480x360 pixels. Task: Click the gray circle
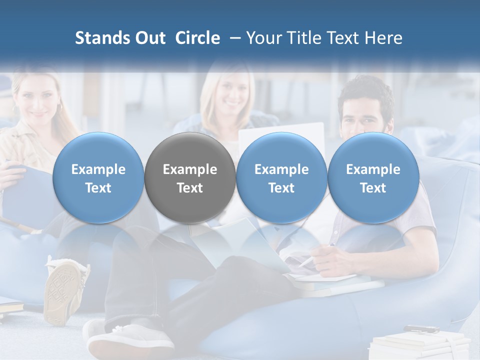click(x=190, y=177)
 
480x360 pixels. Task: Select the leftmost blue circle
click(x=98, y=177)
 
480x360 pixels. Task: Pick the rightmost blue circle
click(x=373, y=177)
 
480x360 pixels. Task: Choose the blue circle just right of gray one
click(x=281, y=177)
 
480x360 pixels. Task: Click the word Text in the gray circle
click(x=190, y=188)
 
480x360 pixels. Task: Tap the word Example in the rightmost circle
click(x=373, y=169)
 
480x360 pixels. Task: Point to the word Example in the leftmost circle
click(x=98, y=169)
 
